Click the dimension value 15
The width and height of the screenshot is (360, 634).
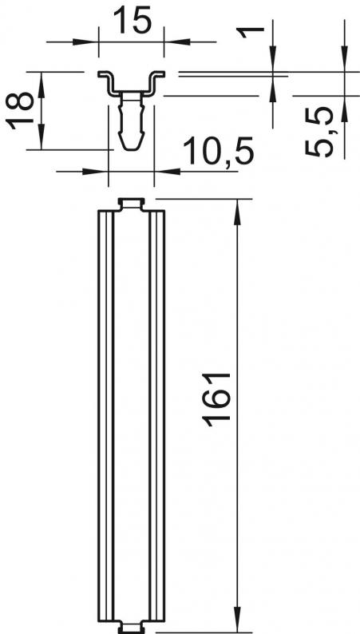[x=132, y=21]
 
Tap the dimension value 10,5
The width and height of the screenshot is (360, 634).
[x=218, y=151]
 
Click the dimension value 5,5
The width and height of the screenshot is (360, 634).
[x=319, y=132]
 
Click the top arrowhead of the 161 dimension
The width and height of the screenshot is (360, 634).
[x=237, y=212]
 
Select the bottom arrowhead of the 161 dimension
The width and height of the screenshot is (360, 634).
[x=237, y=620]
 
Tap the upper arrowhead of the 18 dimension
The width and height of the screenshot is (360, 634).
[x=42, y=85]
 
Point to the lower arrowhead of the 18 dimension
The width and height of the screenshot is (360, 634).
[x=42, y=137]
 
